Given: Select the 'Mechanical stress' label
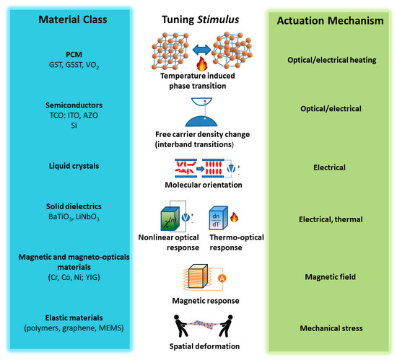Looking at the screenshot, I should (329, 328).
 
